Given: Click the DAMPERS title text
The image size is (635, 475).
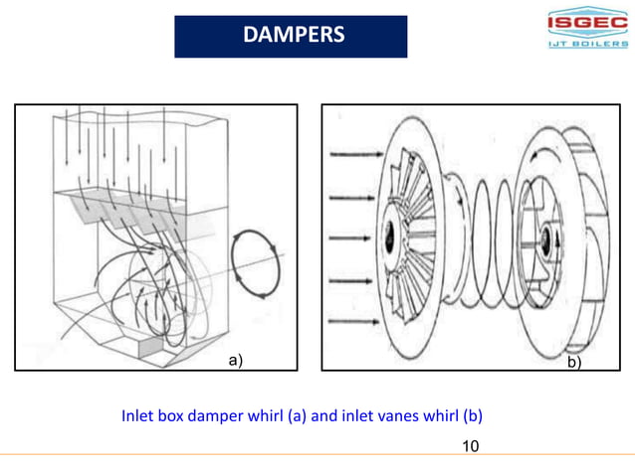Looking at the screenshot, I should (x=293, y=36).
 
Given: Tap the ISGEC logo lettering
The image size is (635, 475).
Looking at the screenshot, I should (x=586, y=23).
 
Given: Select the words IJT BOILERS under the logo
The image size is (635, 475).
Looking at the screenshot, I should (x=586, y=45).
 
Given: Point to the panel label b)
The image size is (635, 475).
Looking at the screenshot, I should (x=574, y=363).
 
